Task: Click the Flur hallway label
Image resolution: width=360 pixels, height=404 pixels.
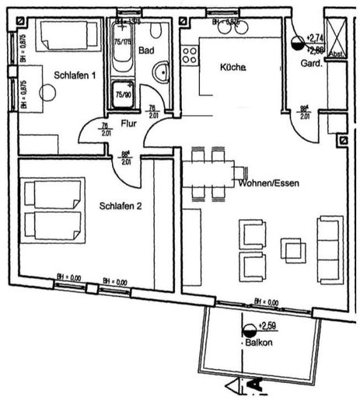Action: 129,123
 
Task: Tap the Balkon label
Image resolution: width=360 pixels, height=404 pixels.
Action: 257,342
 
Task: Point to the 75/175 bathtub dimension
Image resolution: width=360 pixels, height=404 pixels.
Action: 122,44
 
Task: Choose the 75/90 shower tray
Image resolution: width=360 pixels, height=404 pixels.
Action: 122,93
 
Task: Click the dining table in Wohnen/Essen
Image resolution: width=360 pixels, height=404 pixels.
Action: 208,172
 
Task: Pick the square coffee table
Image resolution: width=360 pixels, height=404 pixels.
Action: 293,249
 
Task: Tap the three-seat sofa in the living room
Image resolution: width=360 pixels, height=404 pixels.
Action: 329,249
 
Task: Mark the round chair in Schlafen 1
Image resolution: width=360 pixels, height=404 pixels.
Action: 47,92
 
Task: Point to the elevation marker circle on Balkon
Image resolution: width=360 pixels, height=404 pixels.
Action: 250,331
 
